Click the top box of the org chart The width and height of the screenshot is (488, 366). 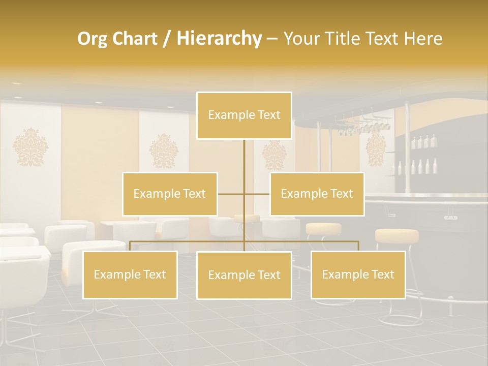pos(244,115)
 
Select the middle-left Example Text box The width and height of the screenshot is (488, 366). pos(170,194)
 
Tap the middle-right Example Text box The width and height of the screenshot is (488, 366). pos(317,194)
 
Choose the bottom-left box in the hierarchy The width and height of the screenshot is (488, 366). pos(130,274)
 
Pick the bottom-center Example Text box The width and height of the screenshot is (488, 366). pos(244,275)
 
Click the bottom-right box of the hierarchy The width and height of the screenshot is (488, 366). pos(358,274)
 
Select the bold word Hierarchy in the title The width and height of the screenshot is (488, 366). pos(219,39)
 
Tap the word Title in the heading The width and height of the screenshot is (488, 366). pos(345,39)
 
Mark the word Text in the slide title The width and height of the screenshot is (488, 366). pos(382,39)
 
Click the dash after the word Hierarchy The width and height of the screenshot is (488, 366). pos(272,39)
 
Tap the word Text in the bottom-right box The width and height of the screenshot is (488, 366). pos(382,274)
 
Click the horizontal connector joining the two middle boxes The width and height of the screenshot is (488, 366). pos(244,194)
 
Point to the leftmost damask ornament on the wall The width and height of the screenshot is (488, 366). pos(30,147)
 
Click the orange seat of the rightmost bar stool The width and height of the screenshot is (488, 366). pos(396,235)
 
